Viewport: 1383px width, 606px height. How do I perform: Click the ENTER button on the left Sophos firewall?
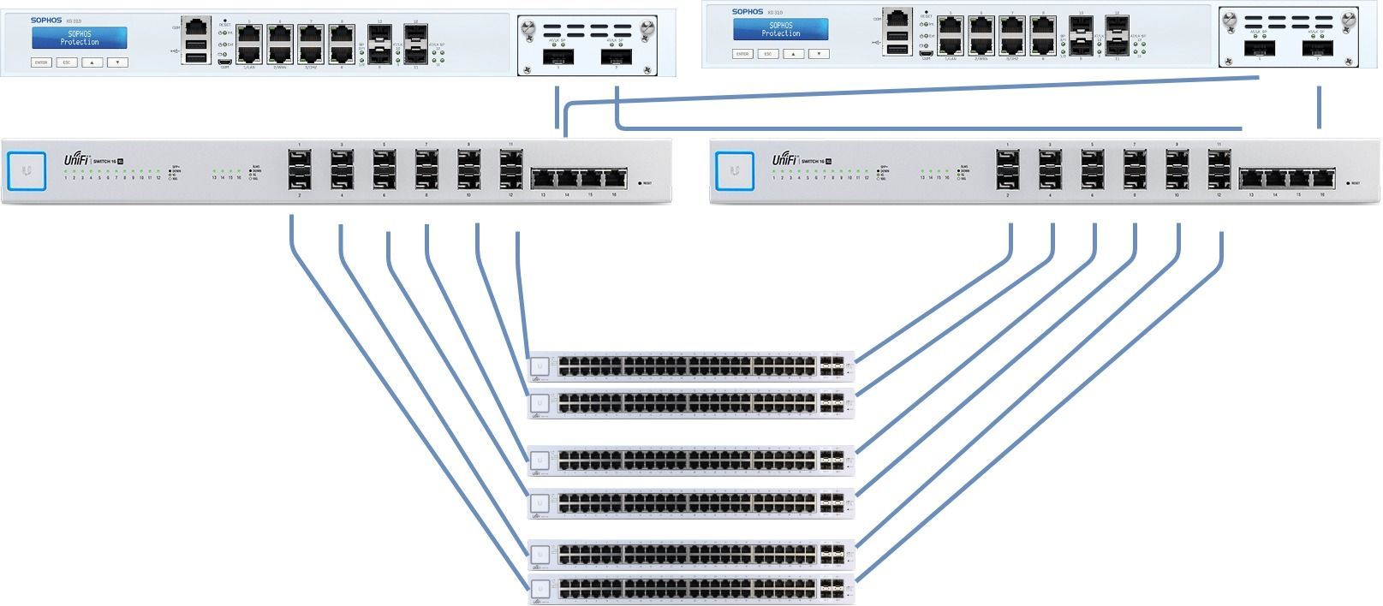[x=41, y=62]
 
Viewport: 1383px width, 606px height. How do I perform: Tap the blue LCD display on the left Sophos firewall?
[x=80, y=38]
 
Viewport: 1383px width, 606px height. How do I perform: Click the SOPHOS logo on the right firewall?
[x=747, y=12]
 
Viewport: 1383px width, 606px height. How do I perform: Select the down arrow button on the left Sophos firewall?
[x=117, y=62]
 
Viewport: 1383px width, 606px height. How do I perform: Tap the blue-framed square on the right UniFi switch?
[x=735, y=171]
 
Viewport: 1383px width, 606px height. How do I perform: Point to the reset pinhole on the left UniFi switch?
[x=640, y=182]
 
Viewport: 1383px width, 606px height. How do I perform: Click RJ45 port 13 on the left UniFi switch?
[x=543, y=179]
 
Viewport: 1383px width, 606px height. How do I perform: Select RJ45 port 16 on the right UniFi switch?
[x=1322, y=179]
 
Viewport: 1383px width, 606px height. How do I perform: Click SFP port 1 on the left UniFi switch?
[x=300, y=158]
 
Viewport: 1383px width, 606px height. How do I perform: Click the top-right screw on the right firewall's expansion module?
[x=1350, y=18]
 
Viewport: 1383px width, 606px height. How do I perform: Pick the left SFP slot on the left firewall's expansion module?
[x=558, y=56]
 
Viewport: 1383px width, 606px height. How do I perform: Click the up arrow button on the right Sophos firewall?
[x=793, y=54]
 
